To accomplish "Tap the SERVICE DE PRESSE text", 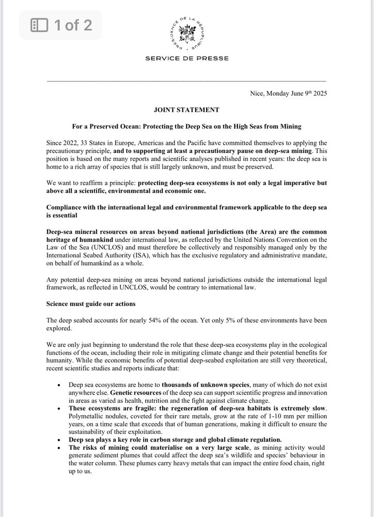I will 186,58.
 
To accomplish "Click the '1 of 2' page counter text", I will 73,25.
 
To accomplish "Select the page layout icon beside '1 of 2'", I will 40,25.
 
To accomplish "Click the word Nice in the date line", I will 256,94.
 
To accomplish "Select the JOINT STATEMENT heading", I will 186,110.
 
